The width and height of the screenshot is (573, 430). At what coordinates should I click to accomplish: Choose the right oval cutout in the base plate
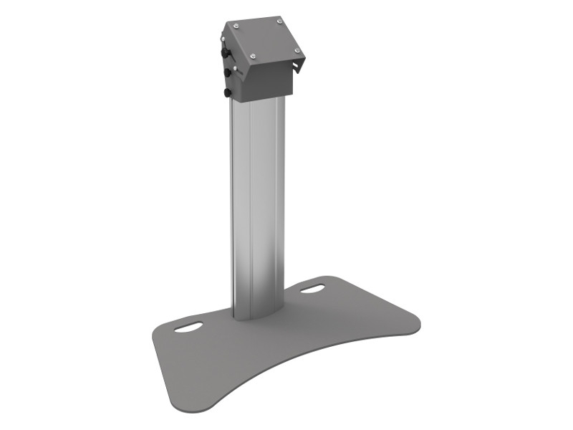click(x=312, y=290)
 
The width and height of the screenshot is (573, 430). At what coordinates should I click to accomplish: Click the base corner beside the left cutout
click(x=159, y=332)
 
